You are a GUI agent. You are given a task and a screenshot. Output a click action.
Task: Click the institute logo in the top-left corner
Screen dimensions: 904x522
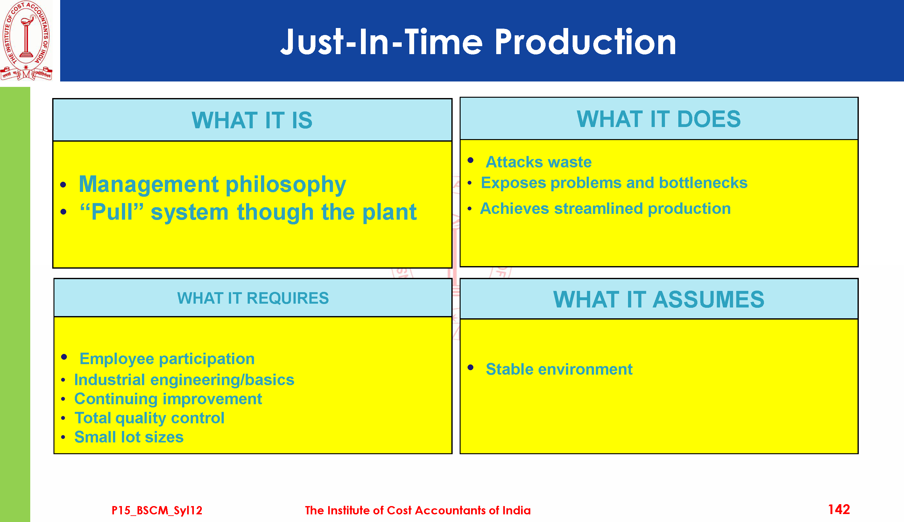pyautogui.click(x=26, y=40)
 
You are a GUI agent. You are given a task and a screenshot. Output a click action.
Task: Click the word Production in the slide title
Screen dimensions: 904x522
pyautogui.click(x=585, y=42)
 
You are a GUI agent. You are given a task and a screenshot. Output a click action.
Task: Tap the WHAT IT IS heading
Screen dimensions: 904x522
pyautogui.click(x=252, y=120)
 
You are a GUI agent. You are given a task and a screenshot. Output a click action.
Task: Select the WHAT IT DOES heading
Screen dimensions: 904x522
pyautogui.click(x=659, y=119)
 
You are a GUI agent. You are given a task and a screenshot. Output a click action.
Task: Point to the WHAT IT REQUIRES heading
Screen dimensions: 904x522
pyautogui.click(x=253, y=298)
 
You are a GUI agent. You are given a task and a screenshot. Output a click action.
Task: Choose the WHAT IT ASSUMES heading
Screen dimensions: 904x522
pyautogui.click(x=659, y=300)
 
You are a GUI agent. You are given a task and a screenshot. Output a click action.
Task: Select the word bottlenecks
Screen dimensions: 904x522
pyautogui.click(x=703, y=183)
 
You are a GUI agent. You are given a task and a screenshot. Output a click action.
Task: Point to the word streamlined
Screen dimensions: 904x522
pyautogui.click(x=599, y=209)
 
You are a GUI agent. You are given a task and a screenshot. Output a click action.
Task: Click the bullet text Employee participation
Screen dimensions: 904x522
pyautogui.click(x=167, y=359)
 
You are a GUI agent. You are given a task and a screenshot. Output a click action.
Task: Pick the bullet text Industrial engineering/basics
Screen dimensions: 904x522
pyautogui.click(x=184, y=380)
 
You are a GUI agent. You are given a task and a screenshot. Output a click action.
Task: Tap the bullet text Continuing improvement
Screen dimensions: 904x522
pyautogui.click(x=168, y=399)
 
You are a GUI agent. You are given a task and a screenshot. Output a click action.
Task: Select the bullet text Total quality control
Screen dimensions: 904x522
pyautogui.click(x=150, y=418)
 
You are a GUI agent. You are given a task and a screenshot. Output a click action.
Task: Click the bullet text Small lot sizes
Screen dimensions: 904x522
pyautogui.click(x=129, y=437)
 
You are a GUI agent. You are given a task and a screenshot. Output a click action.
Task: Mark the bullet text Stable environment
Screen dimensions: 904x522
pyautogui.click(x=559, y=369)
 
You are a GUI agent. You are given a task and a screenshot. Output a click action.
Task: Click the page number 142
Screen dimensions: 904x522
pyautogui.click(x=839, y=510)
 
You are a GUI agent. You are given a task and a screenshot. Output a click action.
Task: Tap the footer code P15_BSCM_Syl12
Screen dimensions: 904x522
pyautogui.click(x=157, y=510)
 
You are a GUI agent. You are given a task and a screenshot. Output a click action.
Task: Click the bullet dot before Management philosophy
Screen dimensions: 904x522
pyautogui.click(x=63, y=185)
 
